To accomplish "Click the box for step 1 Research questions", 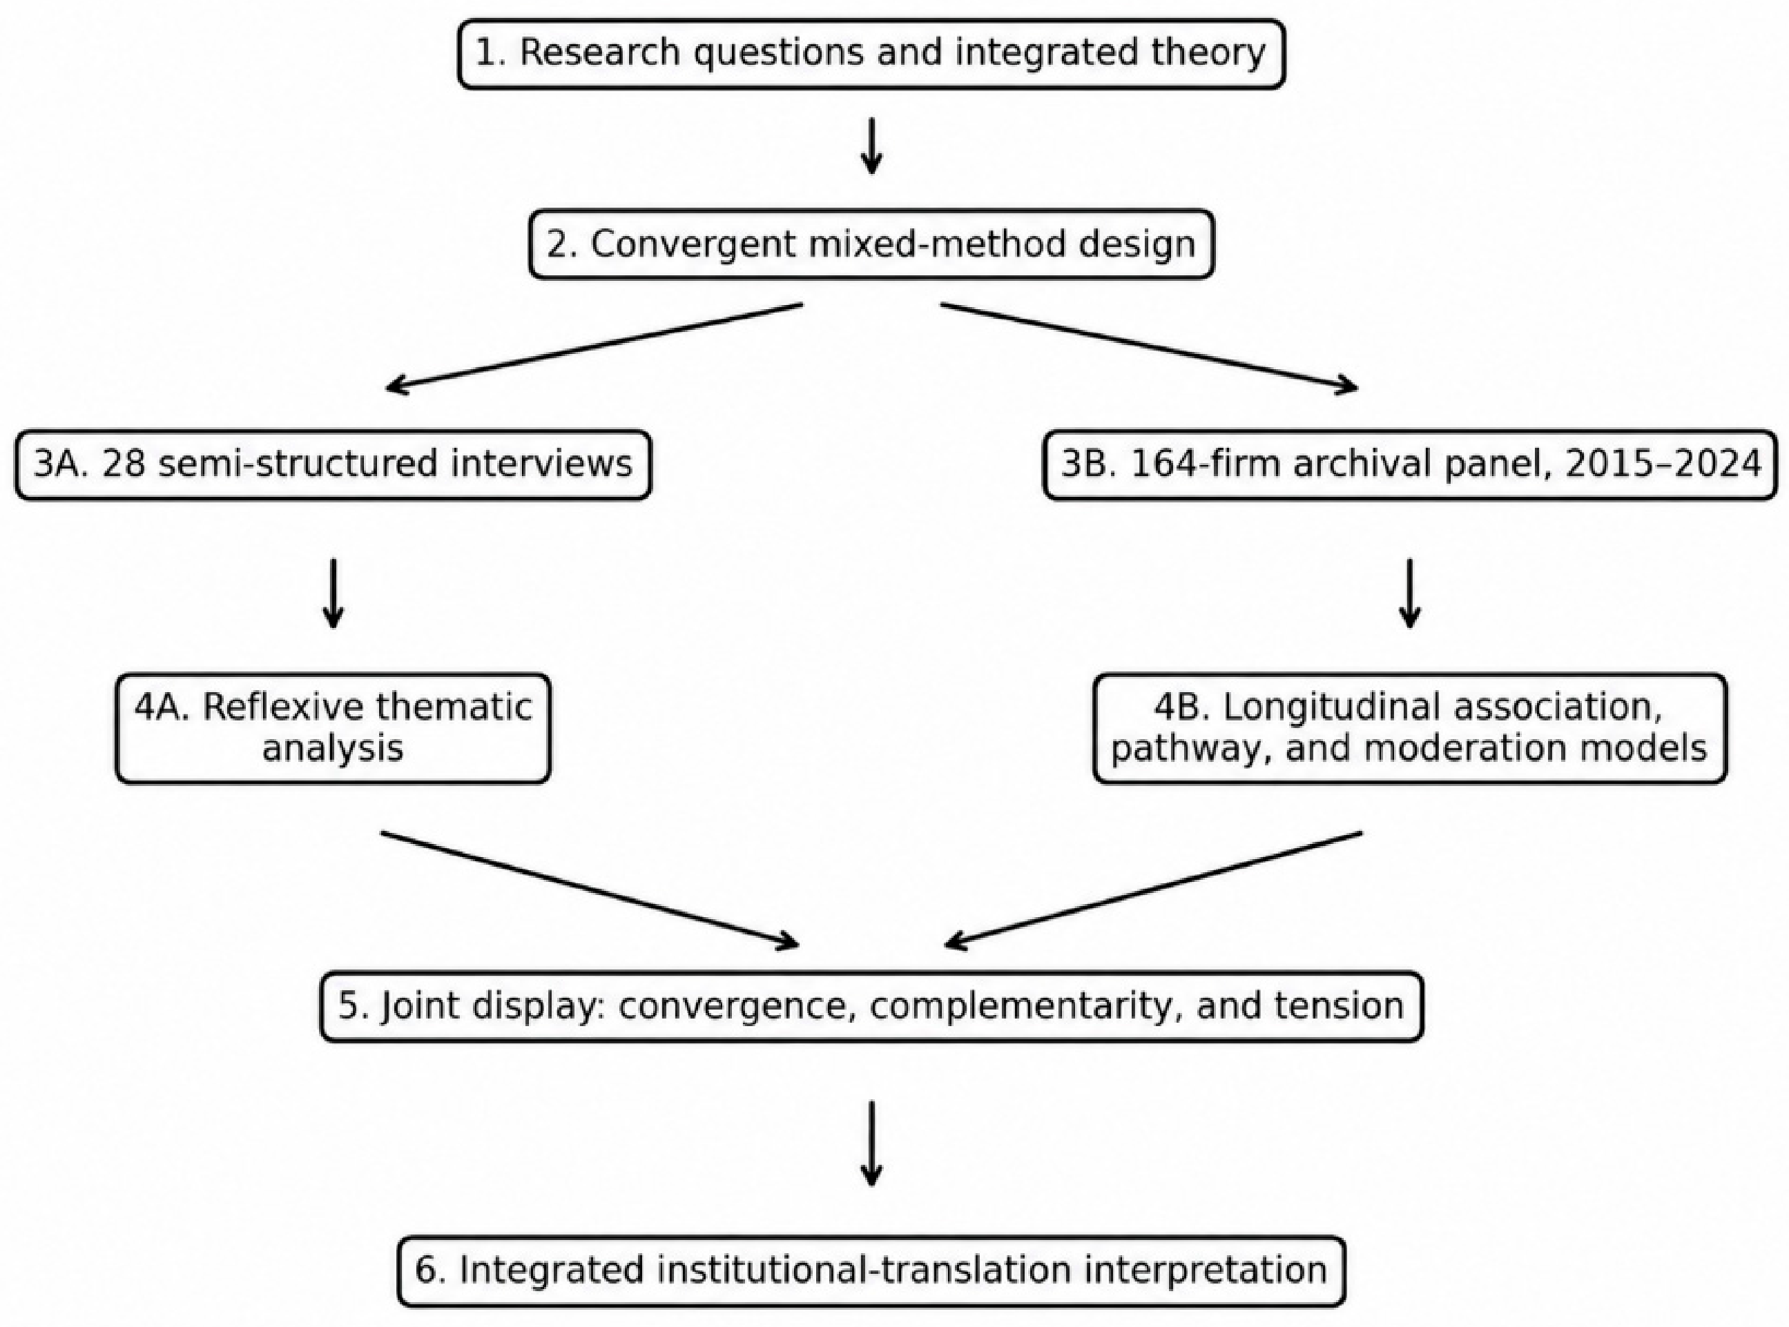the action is (x=871, y=54).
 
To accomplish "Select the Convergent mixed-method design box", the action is (x=871, y=244).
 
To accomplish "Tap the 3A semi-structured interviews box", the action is (x=333, y=464).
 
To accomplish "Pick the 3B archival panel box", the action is (x=1411, y=464).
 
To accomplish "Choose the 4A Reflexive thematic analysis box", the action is (x=333, y=728).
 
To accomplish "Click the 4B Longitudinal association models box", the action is (x=1410, y=728).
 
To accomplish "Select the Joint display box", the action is (x=871, y=1007).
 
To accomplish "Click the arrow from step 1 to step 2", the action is (x=871, y=146).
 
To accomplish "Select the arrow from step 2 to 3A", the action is (x=594, y=347).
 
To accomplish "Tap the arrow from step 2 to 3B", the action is (x=1149, y=347).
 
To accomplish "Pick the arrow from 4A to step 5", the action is (x=590, y=889).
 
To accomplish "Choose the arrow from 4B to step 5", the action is (x=1153, y=889).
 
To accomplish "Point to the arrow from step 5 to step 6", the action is (x=871, y=1144).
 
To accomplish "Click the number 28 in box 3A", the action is (x=124, y=464).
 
